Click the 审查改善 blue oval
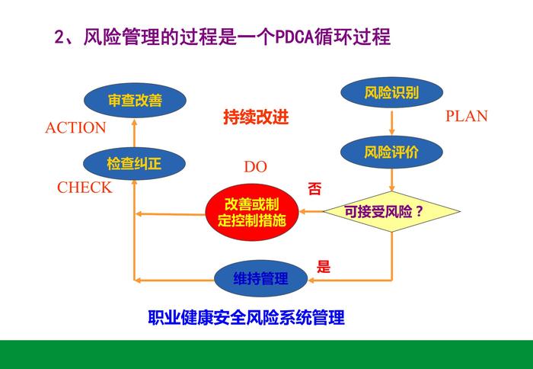135,100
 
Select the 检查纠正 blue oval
134,163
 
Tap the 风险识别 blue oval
391,93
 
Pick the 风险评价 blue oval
391,152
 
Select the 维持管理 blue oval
261,279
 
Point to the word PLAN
466,117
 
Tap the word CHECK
85,188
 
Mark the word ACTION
75,129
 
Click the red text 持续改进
257,118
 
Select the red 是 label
324,267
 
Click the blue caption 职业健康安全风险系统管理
246,318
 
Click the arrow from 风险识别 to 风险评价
391,122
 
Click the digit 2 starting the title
60,37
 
